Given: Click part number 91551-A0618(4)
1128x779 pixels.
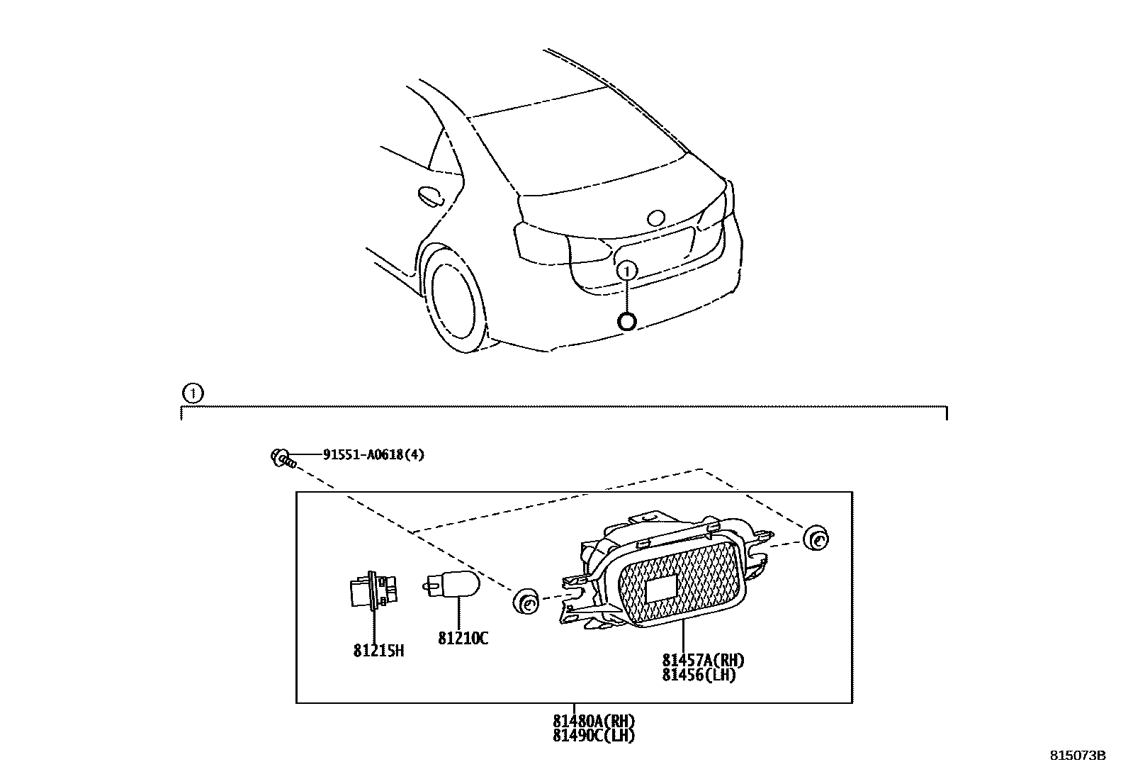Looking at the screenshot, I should pos(373,455).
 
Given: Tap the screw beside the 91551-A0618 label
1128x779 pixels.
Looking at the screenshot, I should pos(283,458).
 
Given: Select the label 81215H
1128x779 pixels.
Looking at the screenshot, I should pos(378,649).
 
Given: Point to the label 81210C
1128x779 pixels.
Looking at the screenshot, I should pos(463,639).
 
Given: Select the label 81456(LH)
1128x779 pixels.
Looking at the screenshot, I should pos(699,676).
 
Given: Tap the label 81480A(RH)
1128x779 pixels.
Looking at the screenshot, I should pos(594,721).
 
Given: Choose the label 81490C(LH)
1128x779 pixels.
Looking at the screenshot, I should pos(594,736).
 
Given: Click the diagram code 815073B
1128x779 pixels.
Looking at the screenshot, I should pos(1077,756).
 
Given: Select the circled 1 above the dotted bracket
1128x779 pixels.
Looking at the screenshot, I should pos(192,393).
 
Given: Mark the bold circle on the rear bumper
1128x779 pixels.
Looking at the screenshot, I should pos(627,321).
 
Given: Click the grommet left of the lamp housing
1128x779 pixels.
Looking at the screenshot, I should pos(525,603).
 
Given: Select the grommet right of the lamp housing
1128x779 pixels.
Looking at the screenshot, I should pos(816,538).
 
